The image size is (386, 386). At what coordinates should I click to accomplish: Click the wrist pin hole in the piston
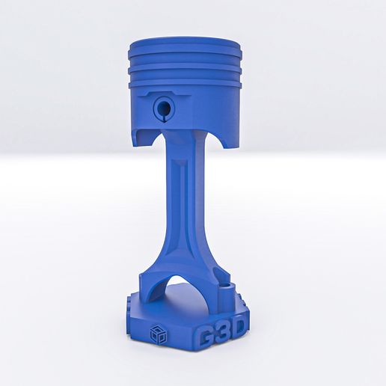coord(162,108)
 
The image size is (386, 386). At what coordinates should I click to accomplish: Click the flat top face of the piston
coord(186,42)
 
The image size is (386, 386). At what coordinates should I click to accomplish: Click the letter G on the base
coord(206,337)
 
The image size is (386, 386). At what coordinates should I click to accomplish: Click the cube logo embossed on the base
coord(157,334)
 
